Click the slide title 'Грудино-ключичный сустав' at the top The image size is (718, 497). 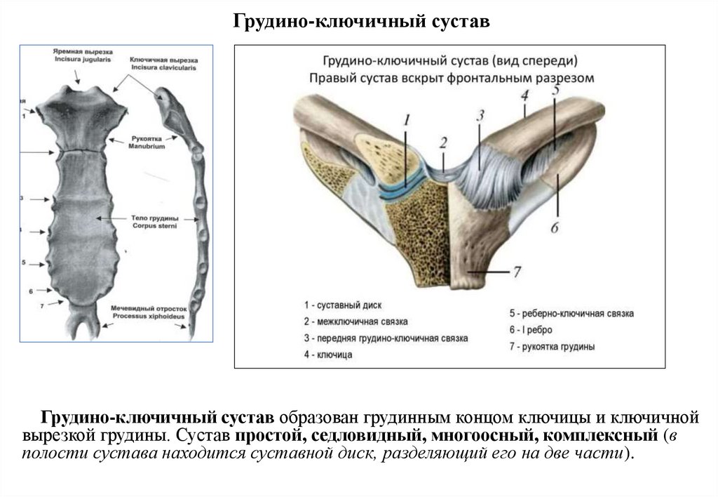360,22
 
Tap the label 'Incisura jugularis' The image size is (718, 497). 83,60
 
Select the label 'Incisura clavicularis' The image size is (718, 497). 163,68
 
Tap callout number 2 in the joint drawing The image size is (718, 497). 442,143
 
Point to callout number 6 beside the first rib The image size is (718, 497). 554,227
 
